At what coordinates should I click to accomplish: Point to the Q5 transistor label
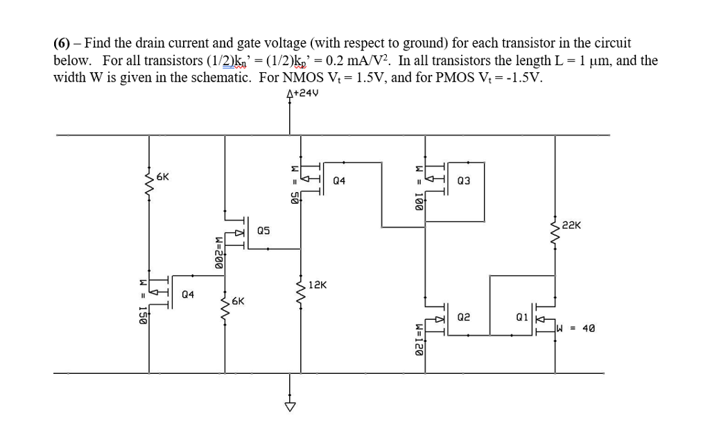point(264,230)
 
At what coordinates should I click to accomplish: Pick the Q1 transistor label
point(523,316)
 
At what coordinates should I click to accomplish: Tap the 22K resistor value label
point(573,225)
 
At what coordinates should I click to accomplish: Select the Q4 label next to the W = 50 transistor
point(340,181)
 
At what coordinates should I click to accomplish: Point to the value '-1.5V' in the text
point(526,76)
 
